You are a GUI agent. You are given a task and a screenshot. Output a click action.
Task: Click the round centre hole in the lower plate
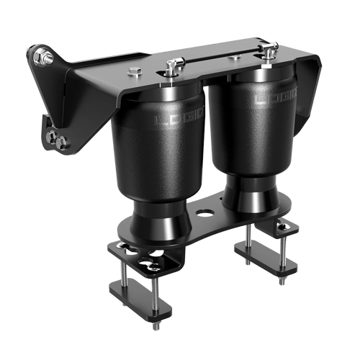(204, 213)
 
